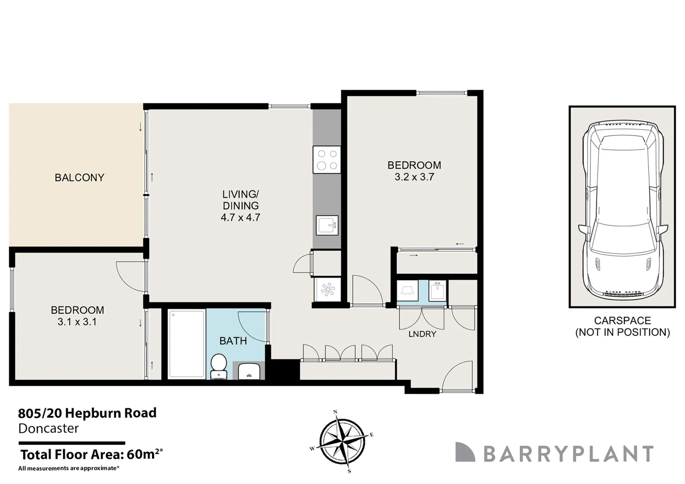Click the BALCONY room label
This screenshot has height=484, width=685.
click(79, 177)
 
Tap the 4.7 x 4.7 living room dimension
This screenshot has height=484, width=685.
click(240, 218)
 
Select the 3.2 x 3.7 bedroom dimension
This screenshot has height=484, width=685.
click(414, 177)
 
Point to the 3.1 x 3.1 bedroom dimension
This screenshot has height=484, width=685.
click(77, 322)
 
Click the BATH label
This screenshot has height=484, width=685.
click(233, 341)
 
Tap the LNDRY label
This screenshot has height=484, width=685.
click(422, 334)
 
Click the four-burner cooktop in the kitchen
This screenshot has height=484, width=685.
click(327, 160)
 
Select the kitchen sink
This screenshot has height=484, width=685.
click(327, 225)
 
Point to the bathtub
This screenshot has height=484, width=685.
click(187, 344)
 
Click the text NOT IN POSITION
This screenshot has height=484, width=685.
click(622, 333)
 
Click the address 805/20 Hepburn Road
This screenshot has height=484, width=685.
click(87, 413)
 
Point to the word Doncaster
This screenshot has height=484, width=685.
click(48, 428)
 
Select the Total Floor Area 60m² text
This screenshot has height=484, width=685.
click(91, 454)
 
